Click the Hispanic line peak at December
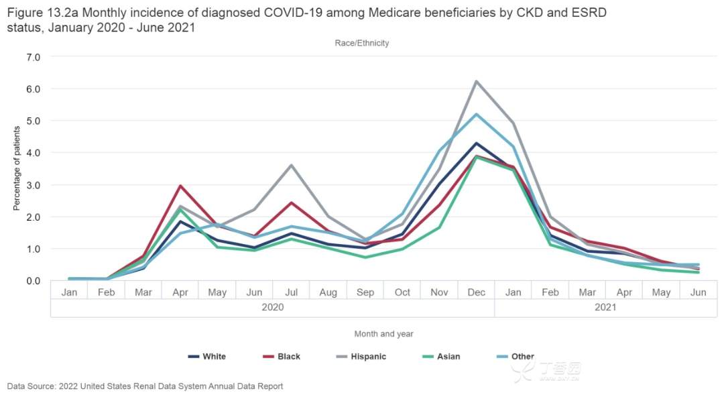tap(476, 82)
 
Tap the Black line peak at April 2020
tap(180, 186)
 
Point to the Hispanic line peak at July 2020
tap(291, 165)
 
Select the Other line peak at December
tap(476, 114)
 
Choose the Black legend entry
tap(282, 357)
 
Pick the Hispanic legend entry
tap(362, 357)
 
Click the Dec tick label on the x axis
tap(476, 292)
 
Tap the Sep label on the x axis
tap(365, 292)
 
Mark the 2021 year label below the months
tap(605, 308)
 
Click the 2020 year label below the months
tap(272, 308)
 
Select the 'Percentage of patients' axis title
tap(17, 169)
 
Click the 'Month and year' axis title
tap(383, 333)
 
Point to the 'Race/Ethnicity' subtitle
tap(362, 43)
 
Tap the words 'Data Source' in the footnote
tap(29, 386)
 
